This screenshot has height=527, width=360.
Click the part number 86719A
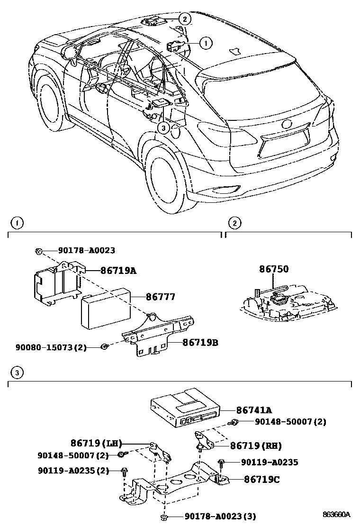[118, 271]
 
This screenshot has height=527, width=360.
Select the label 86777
[160, 297]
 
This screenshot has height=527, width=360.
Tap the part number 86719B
[200, 341]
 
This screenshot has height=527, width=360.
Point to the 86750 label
[273, 269]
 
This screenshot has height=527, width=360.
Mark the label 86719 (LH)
[96, 444]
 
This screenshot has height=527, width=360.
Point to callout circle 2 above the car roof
[184, 19]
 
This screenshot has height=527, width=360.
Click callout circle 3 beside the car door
[163, 127]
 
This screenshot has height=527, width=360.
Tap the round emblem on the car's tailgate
[287, 125]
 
